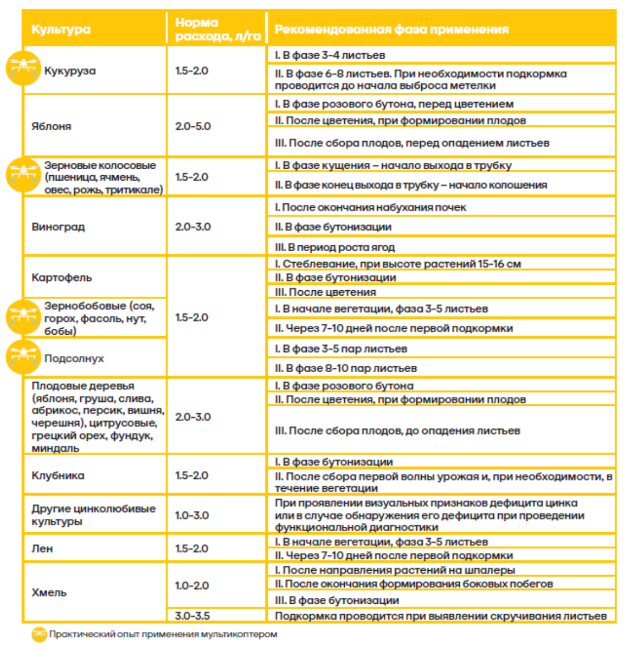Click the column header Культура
61,29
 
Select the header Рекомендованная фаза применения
391,29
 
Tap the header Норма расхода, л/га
217,29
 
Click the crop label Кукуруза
70,71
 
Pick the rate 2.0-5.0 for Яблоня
192,126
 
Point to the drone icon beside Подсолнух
23,357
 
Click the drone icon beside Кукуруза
23,68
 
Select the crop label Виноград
58,227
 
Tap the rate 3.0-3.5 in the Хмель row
192,616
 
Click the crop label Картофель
62,277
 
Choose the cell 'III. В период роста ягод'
334,247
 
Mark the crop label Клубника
58,475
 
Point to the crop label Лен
42,548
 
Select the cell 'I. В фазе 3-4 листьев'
330,55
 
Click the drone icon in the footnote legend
39,634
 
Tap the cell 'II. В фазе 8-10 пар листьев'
345,368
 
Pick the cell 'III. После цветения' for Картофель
325,292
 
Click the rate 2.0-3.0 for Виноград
192,227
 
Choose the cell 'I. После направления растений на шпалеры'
395,570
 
